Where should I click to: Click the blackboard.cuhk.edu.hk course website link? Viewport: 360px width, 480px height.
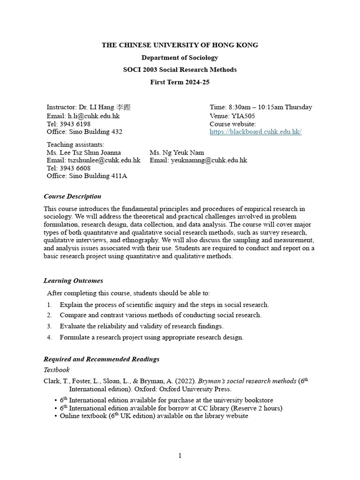[255, 132]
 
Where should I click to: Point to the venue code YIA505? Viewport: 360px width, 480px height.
[243, 116]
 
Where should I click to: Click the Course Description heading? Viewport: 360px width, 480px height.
[72, 196]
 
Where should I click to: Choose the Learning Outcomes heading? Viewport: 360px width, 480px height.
[73, 281]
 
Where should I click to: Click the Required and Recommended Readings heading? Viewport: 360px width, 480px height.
[101, 359]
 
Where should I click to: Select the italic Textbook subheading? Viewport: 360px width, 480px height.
[56, 370]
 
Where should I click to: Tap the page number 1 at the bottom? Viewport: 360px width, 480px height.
[180, 456]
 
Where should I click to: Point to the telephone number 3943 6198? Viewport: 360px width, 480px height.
[75, 124]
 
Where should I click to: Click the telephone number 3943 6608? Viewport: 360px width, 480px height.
[75, 168]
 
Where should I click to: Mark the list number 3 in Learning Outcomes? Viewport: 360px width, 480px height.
[49, 326]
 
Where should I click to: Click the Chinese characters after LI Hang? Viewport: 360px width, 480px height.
[123, 107]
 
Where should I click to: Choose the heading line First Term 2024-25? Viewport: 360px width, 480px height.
[180, 82]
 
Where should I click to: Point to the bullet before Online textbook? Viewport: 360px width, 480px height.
[56, 416]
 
